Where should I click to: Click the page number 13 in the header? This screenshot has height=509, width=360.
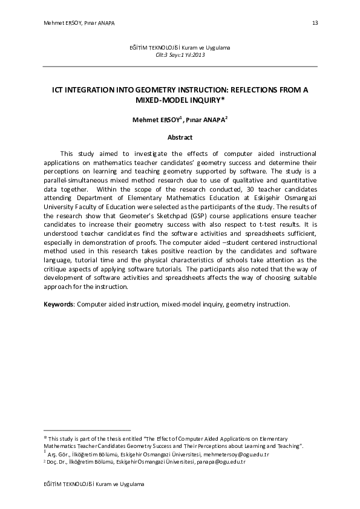[x=315, y=23]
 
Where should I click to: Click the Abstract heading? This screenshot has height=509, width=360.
[x=180, y=137]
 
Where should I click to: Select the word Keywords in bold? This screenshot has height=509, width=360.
[x=59, y=303]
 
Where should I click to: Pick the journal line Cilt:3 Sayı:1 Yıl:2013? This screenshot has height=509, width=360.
[x=180, y=54]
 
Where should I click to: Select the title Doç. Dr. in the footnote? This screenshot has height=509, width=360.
[x=59, y=461]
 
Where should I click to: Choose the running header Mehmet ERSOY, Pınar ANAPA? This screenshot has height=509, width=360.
[x=79, y=23]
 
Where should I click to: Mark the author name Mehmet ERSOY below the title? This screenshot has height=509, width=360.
[x=154, y=120]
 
